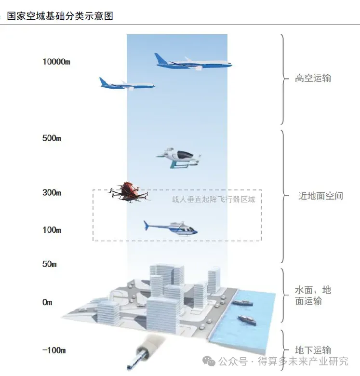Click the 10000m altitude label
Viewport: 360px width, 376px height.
click(57, 62)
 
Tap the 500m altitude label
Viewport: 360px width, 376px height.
click(52, 138)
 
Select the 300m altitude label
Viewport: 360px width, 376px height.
click(52, 193)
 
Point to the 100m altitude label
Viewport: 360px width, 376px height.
click(52, 230)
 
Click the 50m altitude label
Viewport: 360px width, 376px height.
click(50, 264)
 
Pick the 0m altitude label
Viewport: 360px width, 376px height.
click(47, 303)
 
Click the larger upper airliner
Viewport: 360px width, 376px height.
click(193, 62)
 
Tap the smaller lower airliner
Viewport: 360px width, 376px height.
click(126, 84)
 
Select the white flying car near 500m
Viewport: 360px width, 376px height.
click(178, 156)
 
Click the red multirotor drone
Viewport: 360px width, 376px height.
click(128, 192)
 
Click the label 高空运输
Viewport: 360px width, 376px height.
click(313, 78)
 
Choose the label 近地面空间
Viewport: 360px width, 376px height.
click(320, 196)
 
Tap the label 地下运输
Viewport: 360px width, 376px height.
click(313, 350)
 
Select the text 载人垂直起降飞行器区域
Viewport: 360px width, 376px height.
click(213, 199)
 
